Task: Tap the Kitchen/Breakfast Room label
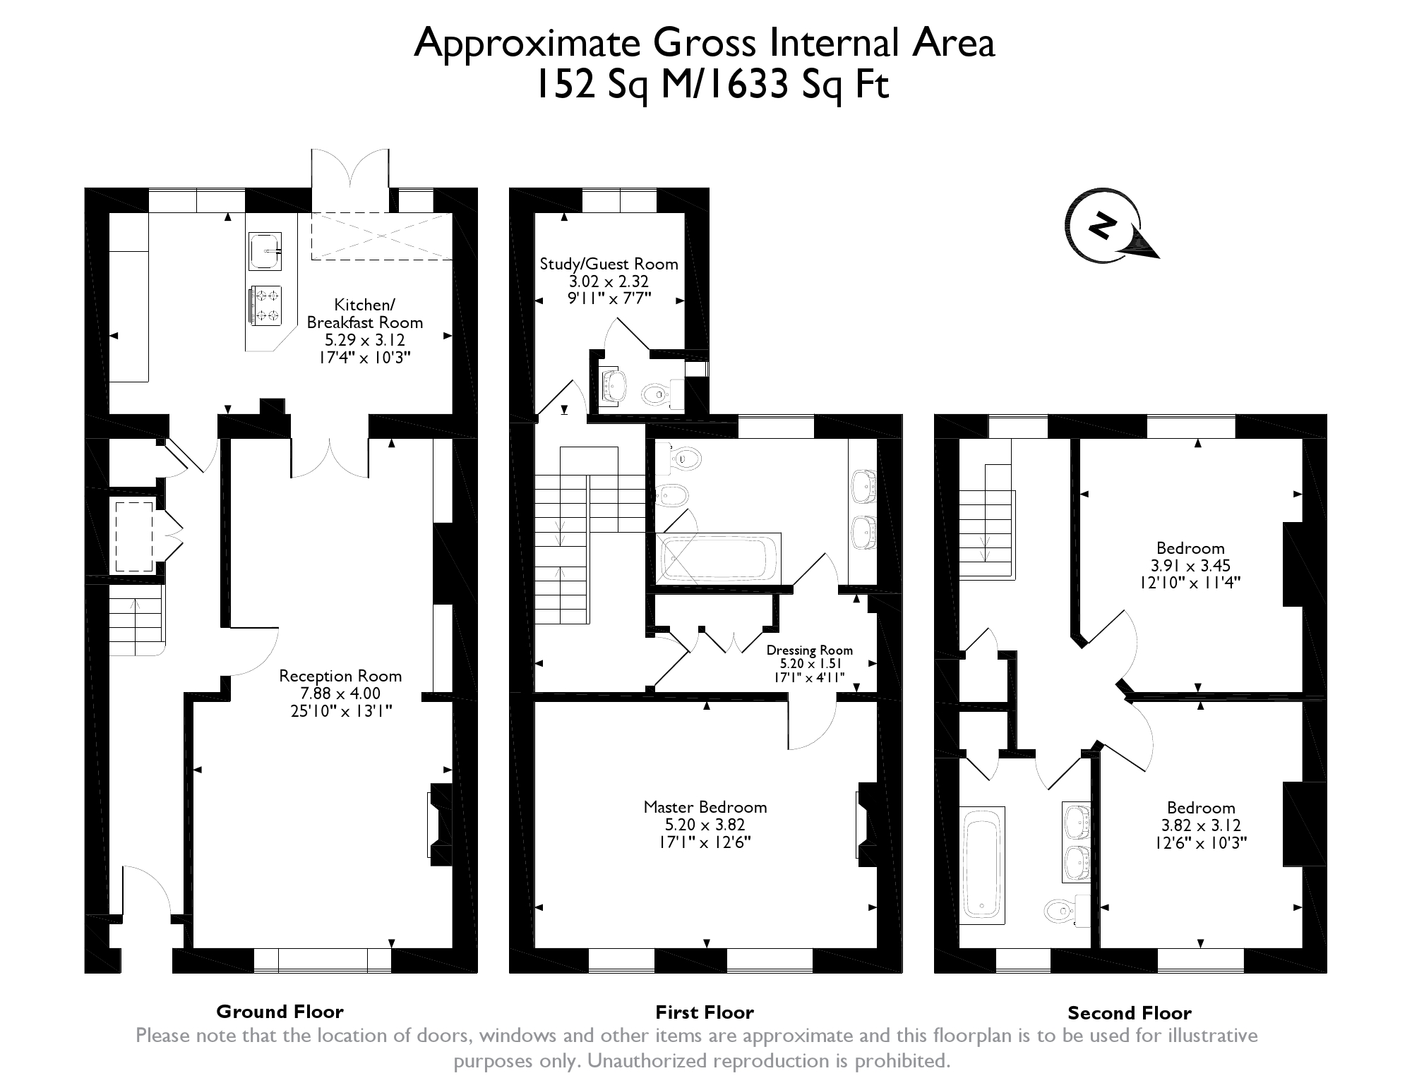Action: (364, 313)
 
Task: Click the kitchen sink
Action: (265, 251)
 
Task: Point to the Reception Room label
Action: (340, 676)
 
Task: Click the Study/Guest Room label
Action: (609, 264)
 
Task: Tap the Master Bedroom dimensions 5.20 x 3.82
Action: (705, 825)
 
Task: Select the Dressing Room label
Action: (810, 650)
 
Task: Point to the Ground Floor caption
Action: (280, 1012)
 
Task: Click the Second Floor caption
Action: (1130, 1013)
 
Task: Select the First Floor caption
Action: (705, 1012)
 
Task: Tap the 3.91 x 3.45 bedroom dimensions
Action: (1190, 566)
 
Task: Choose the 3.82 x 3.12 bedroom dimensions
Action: (1200, 825)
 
